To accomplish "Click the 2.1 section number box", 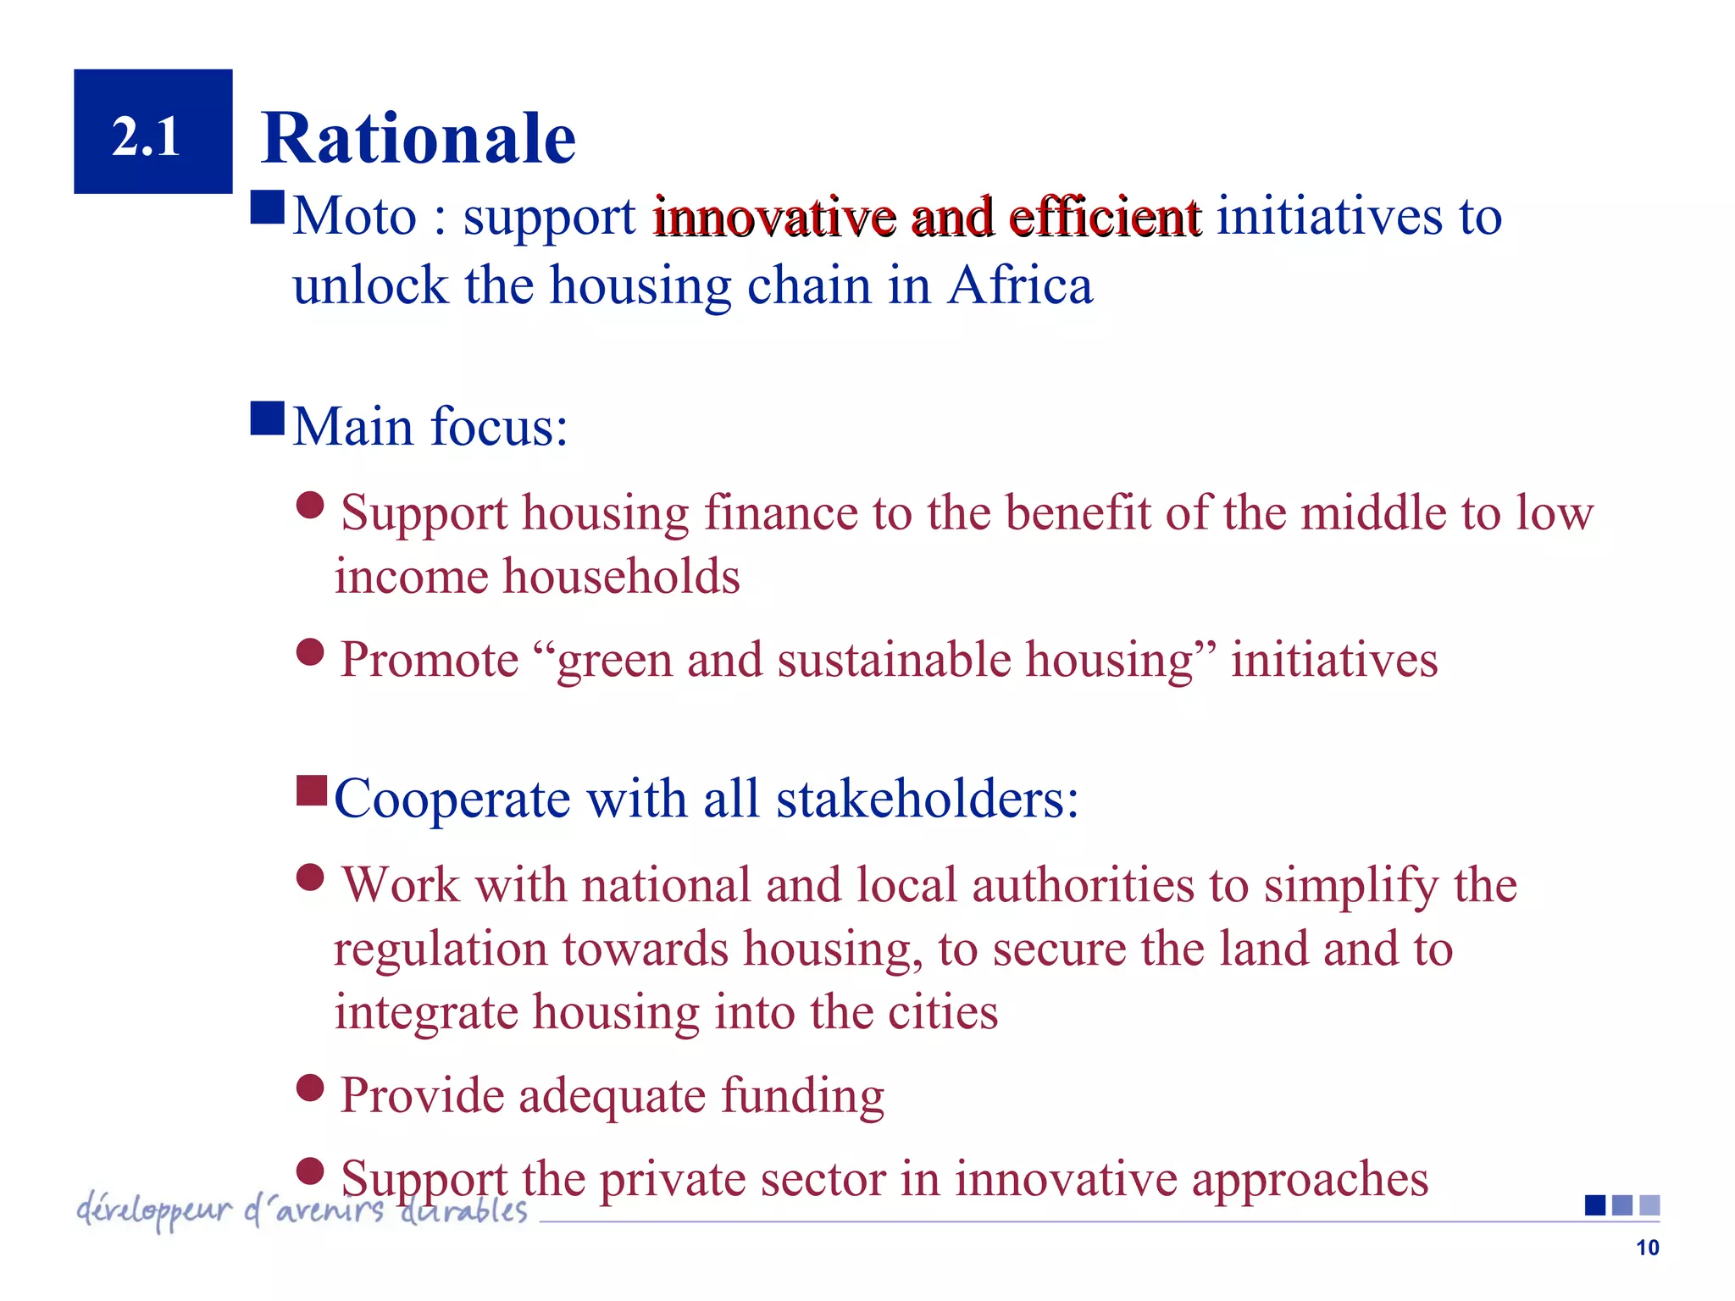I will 152,131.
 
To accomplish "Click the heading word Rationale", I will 419,138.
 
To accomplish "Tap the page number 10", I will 1647,1248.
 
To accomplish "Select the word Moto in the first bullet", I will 355,216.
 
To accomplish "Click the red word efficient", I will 1105,217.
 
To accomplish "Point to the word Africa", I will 1020,285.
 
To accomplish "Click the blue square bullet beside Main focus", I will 268,418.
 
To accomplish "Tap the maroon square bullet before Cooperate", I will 312,791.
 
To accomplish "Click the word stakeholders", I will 928,799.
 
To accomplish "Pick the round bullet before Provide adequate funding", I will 311,1087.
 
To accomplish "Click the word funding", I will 802,1096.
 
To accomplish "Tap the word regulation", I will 440,949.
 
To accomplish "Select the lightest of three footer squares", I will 1649,1205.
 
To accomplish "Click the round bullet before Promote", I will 311,652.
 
